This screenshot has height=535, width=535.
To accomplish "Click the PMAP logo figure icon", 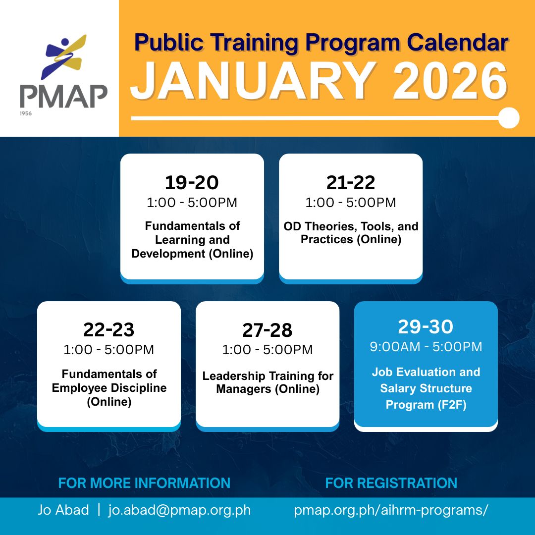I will (x=64, y=57).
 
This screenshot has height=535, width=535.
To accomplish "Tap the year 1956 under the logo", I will (x=26, y=113).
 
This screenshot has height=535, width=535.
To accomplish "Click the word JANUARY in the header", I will (x=253, y=82).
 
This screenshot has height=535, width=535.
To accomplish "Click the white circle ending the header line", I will (x=508, y=118).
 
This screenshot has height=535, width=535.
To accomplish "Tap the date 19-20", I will (x=192, y=183).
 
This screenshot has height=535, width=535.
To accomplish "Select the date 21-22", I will (x=350, y=183).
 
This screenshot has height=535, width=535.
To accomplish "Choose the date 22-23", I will (x=108, y=330).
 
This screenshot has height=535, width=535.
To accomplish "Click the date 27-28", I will (x=267, y=330).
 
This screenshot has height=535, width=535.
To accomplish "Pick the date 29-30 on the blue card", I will (x=426, y=327).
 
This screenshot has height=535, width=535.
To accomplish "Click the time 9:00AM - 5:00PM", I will (x=426, y=347).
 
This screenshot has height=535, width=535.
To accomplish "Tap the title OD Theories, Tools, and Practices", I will (x=351, y=233).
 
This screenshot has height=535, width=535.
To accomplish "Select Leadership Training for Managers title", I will (x=267, y=382).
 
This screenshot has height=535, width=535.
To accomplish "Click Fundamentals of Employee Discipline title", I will (x=109, y=387).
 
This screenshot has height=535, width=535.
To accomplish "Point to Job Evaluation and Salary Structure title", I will (x=426, y=388).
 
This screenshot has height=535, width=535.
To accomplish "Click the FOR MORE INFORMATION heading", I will (x=144, y=483).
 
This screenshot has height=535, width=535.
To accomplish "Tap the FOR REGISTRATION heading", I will (x=391, y=483).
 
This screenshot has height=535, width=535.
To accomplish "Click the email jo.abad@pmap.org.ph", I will (x=179, y=510).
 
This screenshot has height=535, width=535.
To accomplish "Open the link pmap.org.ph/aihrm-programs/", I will (x=391, y=510).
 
